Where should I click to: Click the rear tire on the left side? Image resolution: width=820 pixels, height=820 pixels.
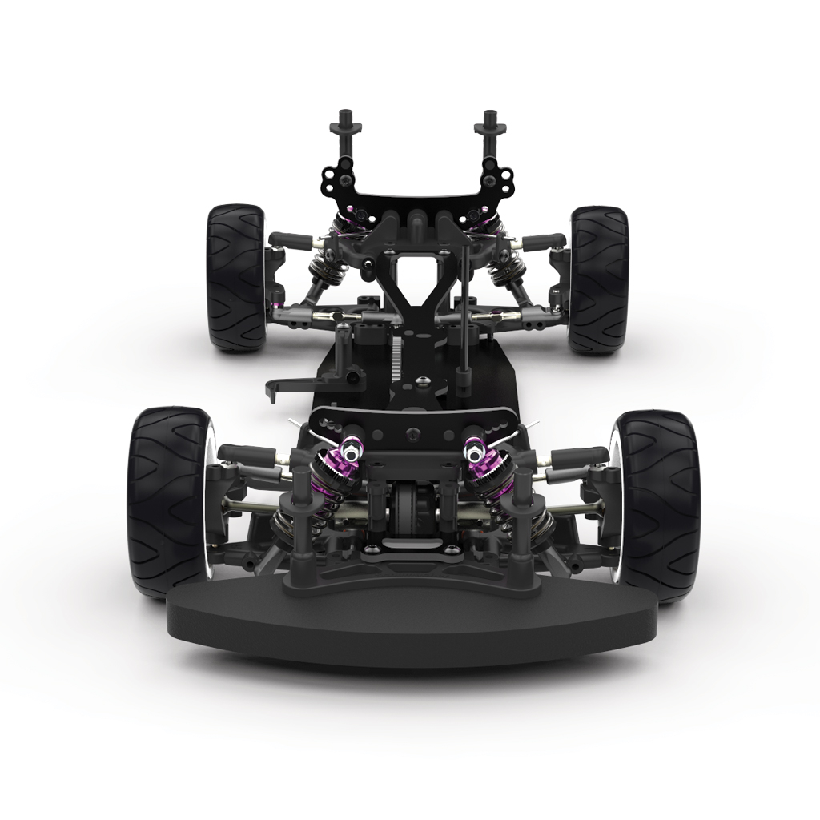tap(236, 276)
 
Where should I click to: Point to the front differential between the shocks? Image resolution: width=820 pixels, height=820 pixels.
tap(412, 509)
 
